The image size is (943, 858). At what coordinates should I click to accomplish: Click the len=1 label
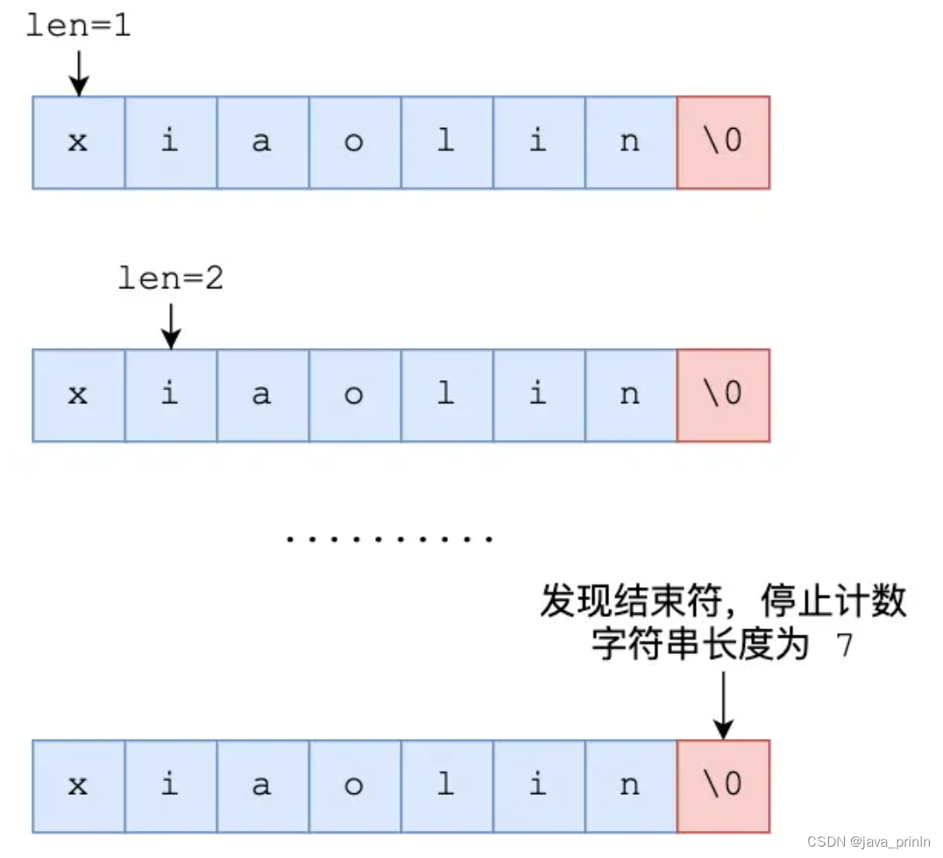78,26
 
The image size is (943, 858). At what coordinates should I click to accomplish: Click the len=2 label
171,279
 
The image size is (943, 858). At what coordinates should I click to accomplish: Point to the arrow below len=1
79,73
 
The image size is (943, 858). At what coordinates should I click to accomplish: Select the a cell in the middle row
262,395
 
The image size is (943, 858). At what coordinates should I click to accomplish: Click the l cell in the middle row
446,395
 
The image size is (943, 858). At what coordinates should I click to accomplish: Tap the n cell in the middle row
630,395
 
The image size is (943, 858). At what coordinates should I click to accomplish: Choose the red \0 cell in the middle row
723,395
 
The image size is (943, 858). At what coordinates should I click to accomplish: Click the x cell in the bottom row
79,785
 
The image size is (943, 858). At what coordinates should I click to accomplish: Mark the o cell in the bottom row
354,785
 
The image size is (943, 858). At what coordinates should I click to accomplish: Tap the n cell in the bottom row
630,785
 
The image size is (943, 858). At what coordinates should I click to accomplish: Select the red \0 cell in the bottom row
723,785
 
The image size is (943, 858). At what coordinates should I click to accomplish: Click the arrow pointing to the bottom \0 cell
723,706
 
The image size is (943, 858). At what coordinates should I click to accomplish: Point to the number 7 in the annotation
844,648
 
